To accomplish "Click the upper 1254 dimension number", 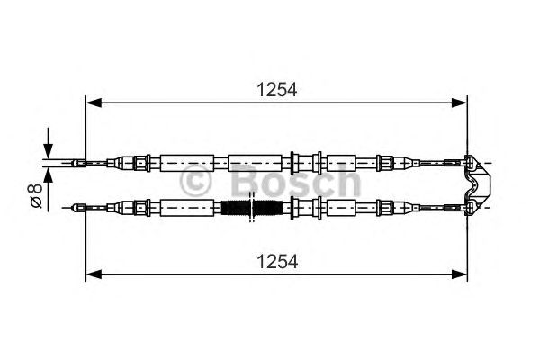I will (x=276, y=90).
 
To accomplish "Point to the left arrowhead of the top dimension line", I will (x=91, y=103).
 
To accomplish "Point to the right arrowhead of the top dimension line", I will (x=462, y=103).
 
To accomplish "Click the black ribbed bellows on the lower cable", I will (x=252, y=209).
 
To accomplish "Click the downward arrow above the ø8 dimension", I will (x=49, y=148).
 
